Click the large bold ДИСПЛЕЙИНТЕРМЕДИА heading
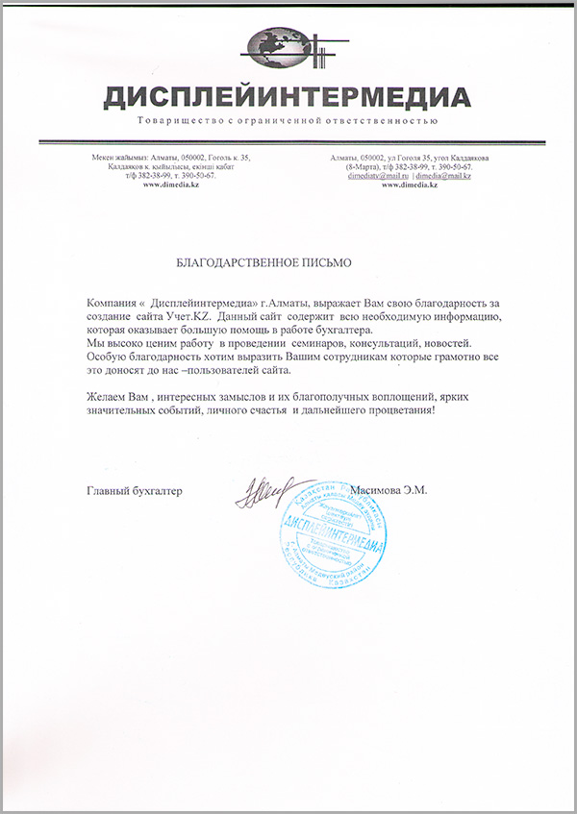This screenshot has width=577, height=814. tap(288, 97)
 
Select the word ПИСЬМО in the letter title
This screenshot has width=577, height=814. tap(325, 261)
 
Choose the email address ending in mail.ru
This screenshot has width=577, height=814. tap(379, 176)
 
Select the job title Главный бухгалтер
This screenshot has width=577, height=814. tap(134, 490)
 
